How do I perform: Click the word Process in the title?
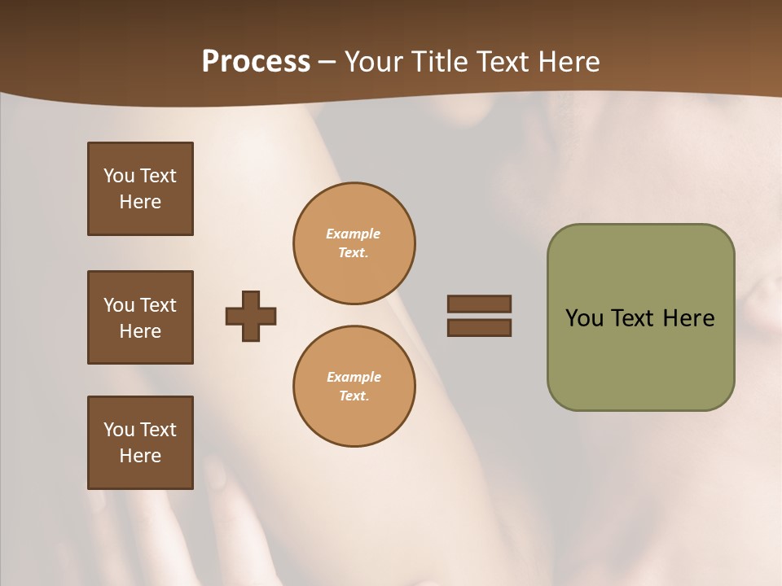click(256, 62)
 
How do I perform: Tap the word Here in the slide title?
click(567, 62)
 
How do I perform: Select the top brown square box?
click(140, 189)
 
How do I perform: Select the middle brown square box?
click(140, 317)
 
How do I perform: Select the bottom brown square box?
click(140, 442)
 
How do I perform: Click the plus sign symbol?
click(251, 316)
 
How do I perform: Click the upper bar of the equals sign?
click(479, 304)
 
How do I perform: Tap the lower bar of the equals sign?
click(479, 327)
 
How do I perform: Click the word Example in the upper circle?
click(354, 234)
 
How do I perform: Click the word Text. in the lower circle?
click(354, 396)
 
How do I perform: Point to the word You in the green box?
click(583, 318)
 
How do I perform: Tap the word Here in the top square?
click(140, 202)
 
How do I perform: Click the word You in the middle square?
click(119, 305)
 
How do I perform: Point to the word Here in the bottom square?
click(140, 456)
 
